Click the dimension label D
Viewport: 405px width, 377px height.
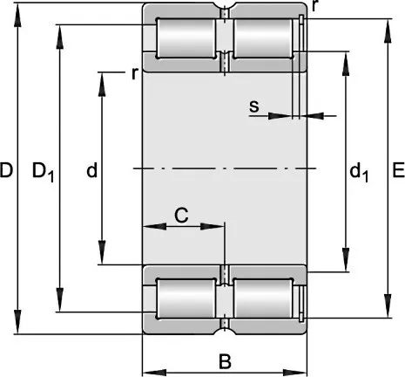pos(6,170)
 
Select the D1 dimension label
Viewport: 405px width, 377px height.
pos(43,172)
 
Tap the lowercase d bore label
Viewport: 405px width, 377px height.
pos(92,170)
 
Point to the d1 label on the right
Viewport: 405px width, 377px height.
pos(359,172)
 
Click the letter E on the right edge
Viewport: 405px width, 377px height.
pos(399,170)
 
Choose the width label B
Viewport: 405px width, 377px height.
pos(225,361)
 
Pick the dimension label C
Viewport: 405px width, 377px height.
pos(181,216)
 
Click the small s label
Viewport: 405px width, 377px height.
pos(254,106)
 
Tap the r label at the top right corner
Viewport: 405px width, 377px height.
pos(314,6)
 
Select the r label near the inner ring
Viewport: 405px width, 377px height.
pos(135,74)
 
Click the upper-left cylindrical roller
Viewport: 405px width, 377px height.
pos(186,38)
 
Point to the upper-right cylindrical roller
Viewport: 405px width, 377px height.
pos(263,38)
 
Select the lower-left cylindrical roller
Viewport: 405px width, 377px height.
pos(186,298)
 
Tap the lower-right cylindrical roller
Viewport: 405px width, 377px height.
pos(263,298)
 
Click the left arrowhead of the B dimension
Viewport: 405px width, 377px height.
pos(154,373)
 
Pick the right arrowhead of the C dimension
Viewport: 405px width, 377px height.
pos(213,226)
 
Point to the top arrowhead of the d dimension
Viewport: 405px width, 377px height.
pos(102,85)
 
